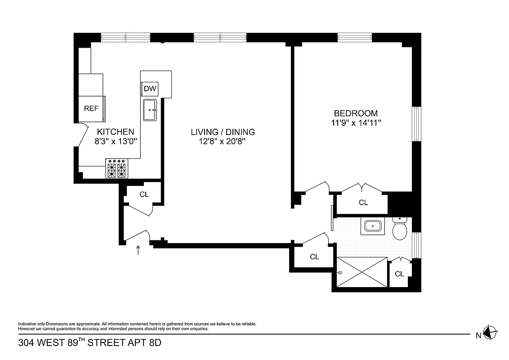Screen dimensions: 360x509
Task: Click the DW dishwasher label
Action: [x=150, y=89]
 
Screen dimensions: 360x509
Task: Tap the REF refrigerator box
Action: [x=91, y=108]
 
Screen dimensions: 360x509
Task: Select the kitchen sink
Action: [x=150, y=110]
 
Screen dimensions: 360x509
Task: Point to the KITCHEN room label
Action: [x=116, y=132]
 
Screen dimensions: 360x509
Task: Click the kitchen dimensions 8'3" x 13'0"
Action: [x=116, y=141]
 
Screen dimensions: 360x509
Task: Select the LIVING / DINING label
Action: [x=223, y=132]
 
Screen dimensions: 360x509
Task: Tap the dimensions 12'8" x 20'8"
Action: [x=223, y=141]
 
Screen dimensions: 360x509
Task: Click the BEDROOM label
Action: [x=355, y=113]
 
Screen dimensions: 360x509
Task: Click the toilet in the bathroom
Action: [x=399, y=229]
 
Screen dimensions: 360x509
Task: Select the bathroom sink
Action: [x=373, y=226]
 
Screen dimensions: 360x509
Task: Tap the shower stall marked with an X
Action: [x=362, y=272]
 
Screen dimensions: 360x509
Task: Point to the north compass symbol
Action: [x=490, y=333]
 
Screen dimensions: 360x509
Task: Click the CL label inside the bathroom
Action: [x=399, y=274]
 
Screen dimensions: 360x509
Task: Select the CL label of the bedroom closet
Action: [x=363, y=202]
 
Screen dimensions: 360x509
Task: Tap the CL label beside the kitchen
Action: [x=144, y=194]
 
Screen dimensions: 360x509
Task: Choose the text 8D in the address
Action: [x=155, y=343]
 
